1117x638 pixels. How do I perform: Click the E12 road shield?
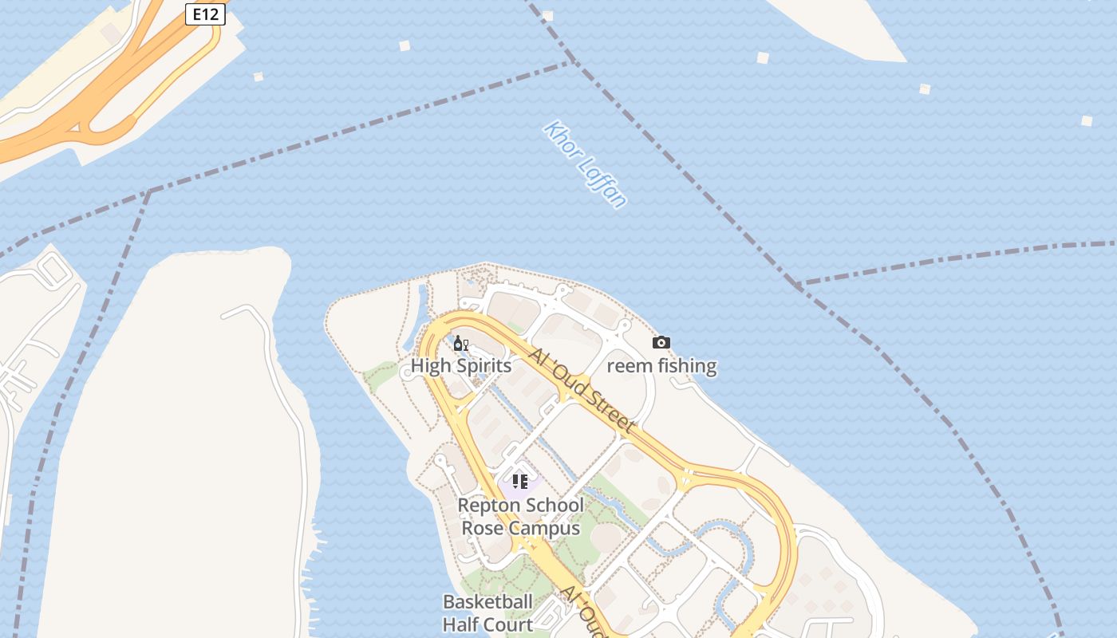pyautogui.click(x=205, y=14)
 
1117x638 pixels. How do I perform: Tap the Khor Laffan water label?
pyautogui.click(x=585, y=164)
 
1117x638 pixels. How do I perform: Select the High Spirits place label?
pyautogui.click(x=461, y=366)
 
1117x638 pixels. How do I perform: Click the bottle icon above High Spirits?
pyautogui.click(x=460, y=344)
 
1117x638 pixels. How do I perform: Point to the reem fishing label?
pyautogui.click(x=661, y=366)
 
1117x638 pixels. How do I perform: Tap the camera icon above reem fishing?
pyautogui.click(x=661, y=343)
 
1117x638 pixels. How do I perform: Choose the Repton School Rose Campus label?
pyautogui.click(x=520, y=517)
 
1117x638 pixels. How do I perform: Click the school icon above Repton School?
pyautogui.click(x=520, y=481)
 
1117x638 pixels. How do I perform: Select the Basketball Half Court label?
pyautogui.click(x=487, y=612)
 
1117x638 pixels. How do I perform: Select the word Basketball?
pyautogui.click(x=487, y=601)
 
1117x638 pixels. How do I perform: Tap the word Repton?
pyautogui.click(x=487, y=506)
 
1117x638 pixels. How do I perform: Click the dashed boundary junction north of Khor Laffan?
pyautogui.click(x=573, y=62)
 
